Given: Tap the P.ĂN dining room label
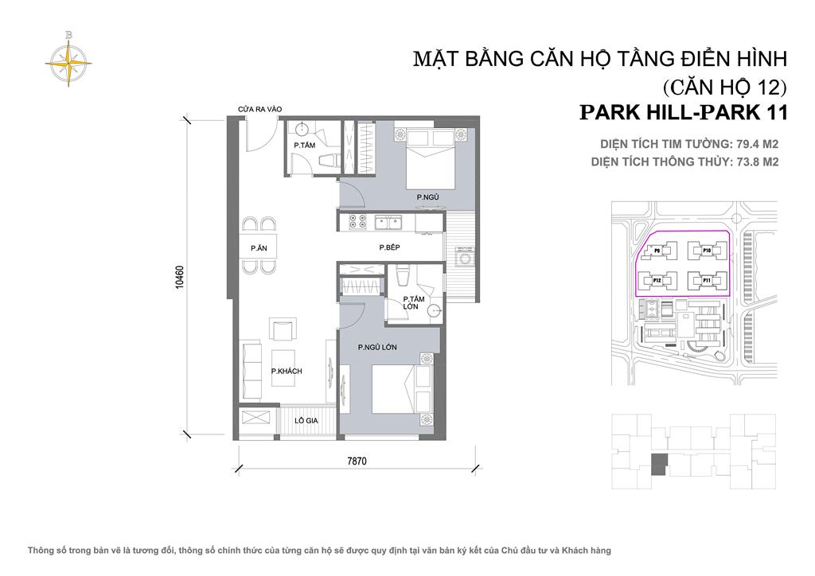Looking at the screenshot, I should point(258,248).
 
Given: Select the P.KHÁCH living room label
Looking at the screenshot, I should point(286,371).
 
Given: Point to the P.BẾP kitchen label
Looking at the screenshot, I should point(389,248).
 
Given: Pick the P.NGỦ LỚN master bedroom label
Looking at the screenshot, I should point(378,348).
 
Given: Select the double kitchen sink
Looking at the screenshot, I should point(389,224).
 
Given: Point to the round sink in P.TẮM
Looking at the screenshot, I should point(303,130).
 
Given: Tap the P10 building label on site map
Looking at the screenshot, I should point(706,251).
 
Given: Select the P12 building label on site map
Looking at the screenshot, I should point(657,280).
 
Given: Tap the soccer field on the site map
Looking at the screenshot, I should point(651,307).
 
